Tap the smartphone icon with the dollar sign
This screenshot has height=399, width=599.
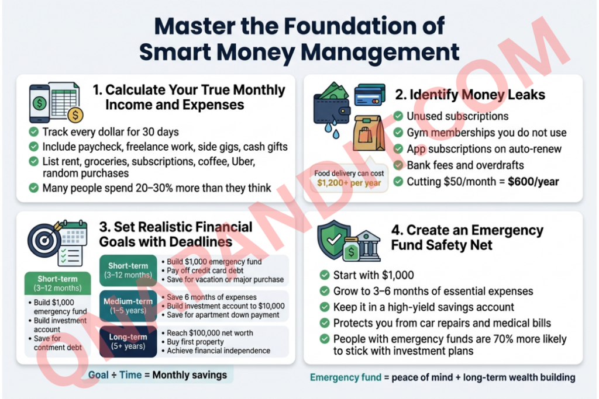[39, 103]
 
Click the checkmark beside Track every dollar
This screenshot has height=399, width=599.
[33, 132]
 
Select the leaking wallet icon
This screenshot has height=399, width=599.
[331, 110]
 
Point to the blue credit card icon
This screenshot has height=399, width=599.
[370, 95]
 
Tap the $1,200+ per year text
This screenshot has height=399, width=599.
[349, 183]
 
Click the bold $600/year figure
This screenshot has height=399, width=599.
[533, 182]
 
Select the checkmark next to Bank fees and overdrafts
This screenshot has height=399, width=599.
[398, 165]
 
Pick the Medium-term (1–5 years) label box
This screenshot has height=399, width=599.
[128, 306]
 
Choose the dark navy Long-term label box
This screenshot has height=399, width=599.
[128, 341]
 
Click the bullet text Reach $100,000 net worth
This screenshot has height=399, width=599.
[210, 333]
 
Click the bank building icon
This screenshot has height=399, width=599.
[366, 245]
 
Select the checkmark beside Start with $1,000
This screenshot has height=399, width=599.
[325, 275]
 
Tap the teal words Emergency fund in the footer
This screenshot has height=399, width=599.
[345, 377]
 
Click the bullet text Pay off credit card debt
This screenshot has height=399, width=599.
[205, 270]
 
